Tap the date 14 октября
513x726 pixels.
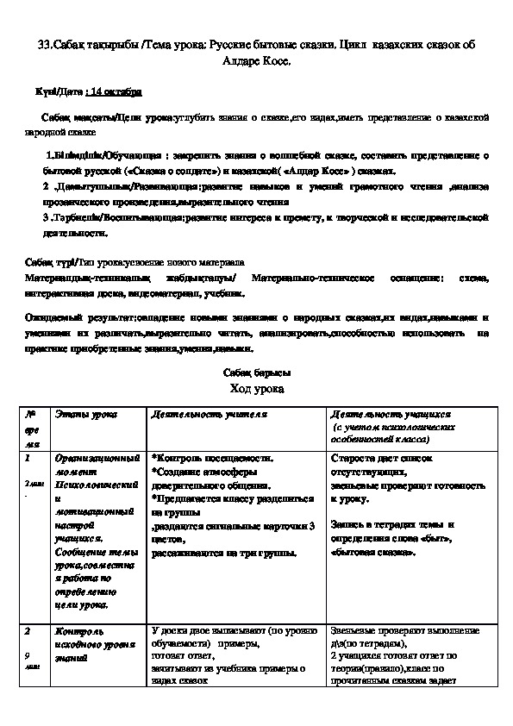116,91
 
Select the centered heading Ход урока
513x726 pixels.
256,389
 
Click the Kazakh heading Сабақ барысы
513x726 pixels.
256,372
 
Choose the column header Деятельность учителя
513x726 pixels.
207,416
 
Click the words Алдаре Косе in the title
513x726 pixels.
256,62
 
